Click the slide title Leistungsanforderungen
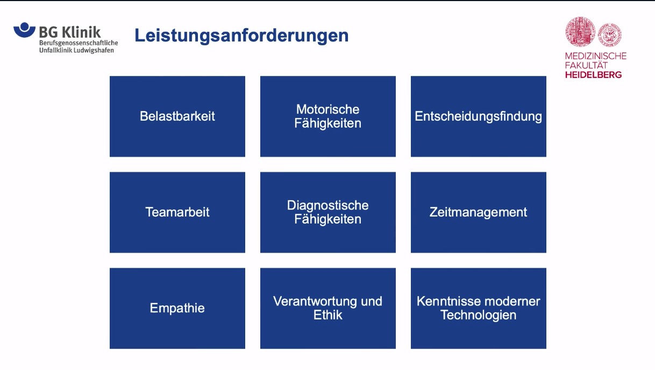pos(241,36)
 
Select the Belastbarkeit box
pos(177,116)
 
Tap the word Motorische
pos(327,109)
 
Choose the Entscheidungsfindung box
pos(478,116)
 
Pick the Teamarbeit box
pos(177,212)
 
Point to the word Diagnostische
pos(327,205)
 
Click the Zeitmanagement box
pos(478,212)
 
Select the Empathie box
pos(177,308)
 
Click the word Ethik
pos(327,315)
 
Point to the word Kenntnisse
pos(446,301)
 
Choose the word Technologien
pos(478,315)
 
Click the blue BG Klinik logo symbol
pos(24,30)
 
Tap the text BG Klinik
pos(69,32)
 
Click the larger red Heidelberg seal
pos(580,31)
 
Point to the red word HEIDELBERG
pos(593,75)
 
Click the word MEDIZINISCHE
pos(595,56)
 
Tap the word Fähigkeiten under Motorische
pos(327,123)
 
